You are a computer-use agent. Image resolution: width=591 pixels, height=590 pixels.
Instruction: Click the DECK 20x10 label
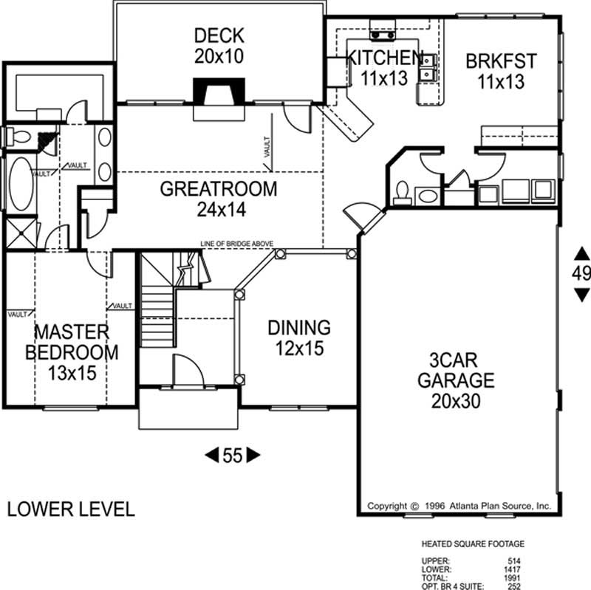tap(219, 45)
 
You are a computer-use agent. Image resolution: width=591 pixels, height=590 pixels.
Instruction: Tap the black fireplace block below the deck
tap(217, 91)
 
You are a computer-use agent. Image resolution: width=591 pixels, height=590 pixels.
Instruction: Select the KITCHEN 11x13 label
tap(384, 68)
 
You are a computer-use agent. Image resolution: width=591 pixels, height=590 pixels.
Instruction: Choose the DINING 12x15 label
tap(298, 337)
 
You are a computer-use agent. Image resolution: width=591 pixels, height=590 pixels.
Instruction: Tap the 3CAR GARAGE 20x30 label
tap(455, 381)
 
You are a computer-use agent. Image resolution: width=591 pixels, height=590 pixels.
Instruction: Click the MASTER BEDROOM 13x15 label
tap(71, 351)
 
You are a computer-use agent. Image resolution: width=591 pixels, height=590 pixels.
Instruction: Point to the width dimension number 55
tap(233, 456)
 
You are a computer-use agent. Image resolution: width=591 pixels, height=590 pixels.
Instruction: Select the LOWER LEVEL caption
tap(71, 509)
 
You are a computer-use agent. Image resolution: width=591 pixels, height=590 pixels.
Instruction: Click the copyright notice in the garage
tap(459, 507)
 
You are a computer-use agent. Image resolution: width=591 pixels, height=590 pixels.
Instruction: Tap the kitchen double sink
tap(427, 69)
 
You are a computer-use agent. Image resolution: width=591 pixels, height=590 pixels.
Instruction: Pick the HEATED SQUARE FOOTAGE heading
tap(473, 545)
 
